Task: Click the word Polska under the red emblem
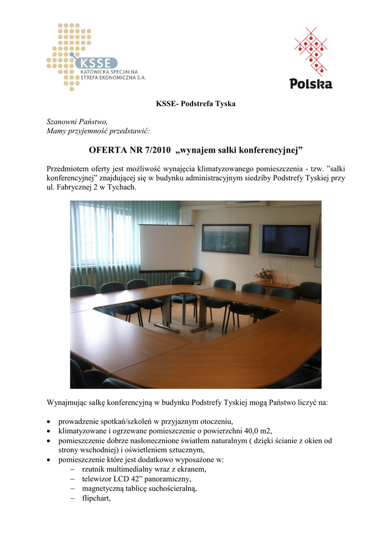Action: point(311,84)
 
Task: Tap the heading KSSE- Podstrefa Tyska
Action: point(196,103)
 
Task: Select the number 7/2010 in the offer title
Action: point(154,149)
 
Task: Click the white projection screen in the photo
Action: point(167,248)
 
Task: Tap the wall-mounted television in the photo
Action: point(287,240)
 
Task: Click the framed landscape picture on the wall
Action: point(226,239)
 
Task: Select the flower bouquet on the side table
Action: point(265,275)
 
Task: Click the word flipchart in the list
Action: point(96,499)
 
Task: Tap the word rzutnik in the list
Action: point(94,470)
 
